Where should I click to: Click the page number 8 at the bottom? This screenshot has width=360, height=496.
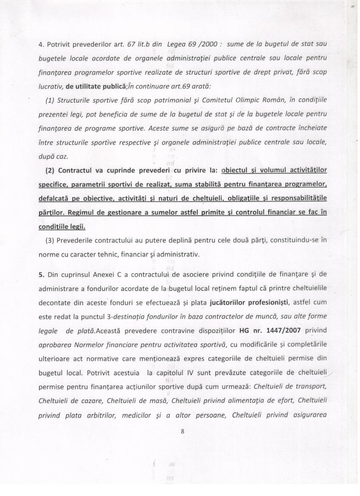pos(182,432)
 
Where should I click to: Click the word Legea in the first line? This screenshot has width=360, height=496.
pos(176,45)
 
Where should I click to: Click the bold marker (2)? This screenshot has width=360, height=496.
pos(51,171)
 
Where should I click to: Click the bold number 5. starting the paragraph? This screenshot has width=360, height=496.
pos(41,274)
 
